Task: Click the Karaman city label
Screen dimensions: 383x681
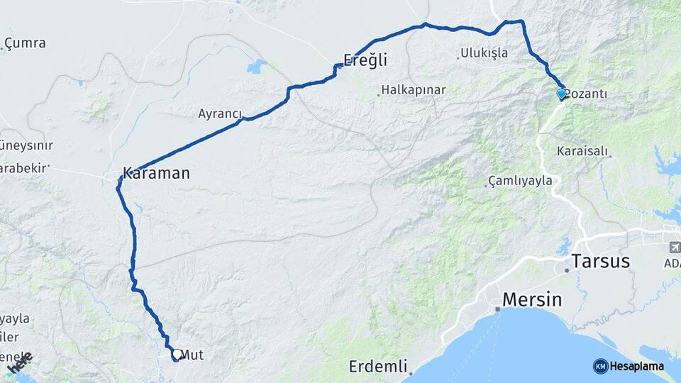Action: click(x=156, y=172)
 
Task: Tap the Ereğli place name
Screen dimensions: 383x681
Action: click(x=365, y=60)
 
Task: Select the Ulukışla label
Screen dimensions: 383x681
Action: click(x=484, y=53)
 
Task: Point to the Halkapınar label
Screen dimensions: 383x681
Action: click(x=413, y=90)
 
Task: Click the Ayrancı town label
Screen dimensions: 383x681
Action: click(x=220, y=113)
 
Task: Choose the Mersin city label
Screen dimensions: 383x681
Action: click(x=532, y=299)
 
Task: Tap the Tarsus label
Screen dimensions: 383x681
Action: click(x=601, y=261)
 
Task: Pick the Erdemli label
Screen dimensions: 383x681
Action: click(x=379, y=367)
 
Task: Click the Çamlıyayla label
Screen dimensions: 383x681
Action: click(x=521, y=181)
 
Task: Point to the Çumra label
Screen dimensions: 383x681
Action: click(x=25, y=43)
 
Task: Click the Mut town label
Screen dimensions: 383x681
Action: click(x=192, y=354)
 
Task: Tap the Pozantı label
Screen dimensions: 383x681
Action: click(x=587, y=94)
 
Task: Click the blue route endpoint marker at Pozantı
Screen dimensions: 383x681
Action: click(x=561, y=94)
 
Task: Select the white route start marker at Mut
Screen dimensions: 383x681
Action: click(x=176, y=353)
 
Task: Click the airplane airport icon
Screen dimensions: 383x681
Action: click(x=674, y=248)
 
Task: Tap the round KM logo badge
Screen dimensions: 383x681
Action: click(x=601, y=366)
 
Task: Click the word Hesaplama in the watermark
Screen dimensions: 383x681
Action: click(x=637, y=366)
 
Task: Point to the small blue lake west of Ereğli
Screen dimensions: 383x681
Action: click(x=256, y=67)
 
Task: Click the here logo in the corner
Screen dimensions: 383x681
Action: click(x=19, y=363)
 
